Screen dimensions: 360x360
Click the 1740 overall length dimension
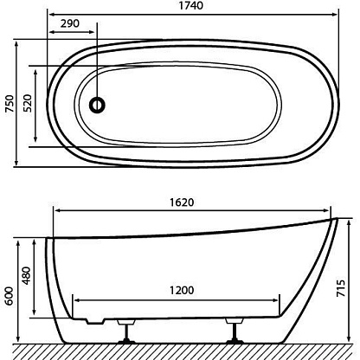(x=191, y=6)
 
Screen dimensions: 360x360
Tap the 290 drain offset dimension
(x=69, y=23)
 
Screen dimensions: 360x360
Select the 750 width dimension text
(x=10, y=104)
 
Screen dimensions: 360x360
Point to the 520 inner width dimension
(x=27, y=104)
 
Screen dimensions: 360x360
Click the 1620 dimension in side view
(x=182, y=202)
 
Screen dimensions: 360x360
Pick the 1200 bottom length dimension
(x=182, y=291)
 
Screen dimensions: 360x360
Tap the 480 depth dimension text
(x=26, y=276)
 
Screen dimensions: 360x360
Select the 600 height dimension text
(x=10, y=296)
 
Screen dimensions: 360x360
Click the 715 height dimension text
(x=341, y=288)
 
